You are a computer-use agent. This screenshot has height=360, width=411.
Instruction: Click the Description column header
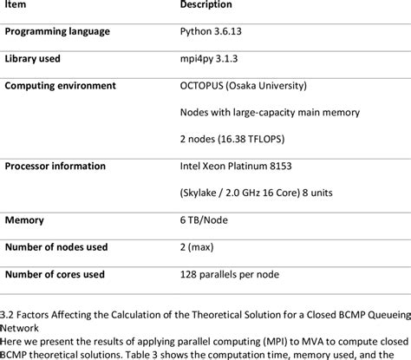(x=205, y=5)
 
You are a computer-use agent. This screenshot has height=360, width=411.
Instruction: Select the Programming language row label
(x=57, y=32)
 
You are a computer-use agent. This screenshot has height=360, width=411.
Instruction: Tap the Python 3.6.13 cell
(x=212, y=32)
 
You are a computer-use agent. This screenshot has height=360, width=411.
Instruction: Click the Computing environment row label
(x=60, y=86)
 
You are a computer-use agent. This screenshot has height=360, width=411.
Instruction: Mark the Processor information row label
(x=55, y=166)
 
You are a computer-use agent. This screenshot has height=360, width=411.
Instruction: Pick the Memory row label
(x=25, y=220)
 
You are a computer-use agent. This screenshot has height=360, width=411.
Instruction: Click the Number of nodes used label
(x=56, y=247)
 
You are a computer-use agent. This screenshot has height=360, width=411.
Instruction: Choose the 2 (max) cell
(x=198, y=247)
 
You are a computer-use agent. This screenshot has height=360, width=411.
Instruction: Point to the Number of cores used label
(x=55, y=274)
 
